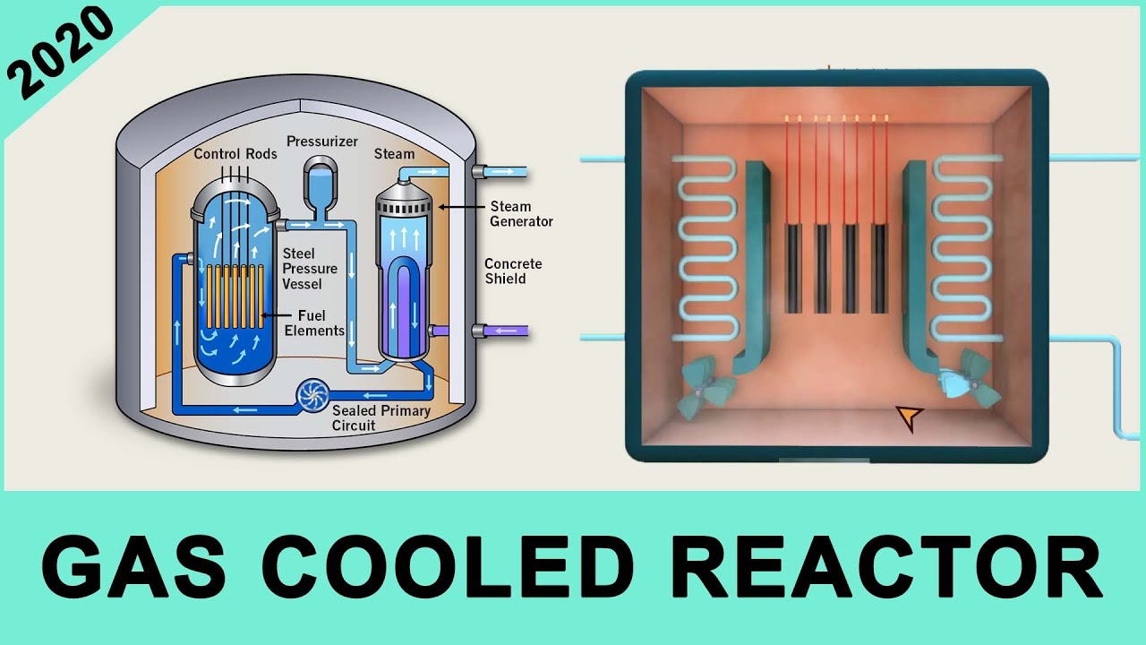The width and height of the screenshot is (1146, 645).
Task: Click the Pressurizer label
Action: click(x=322, y=142)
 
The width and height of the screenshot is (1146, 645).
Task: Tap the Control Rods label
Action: click(x=235, y=154)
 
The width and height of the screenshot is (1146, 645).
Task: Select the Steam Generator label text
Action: click(x=521, y=214)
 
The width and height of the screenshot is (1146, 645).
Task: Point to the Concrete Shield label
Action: click(x=513, y=271)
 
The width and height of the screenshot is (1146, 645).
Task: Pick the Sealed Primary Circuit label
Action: click(x=381, y=417)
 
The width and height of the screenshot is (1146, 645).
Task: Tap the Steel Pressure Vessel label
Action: click(x=310, y=269)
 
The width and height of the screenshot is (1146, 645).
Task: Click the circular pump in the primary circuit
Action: click(x=313, y=395)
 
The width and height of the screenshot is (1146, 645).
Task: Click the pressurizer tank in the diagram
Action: click(x=318, y=184)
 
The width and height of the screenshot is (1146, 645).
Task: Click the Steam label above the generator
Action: click(x=394, y=154)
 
